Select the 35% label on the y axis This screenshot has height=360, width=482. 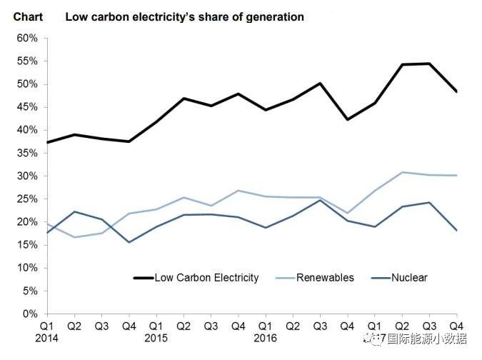(26, 153)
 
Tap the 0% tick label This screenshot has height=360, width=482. (29, 314)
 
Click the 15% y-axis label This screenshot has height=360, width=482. (26, 245)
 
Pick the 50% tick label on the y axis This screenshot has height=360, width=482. (26, 84)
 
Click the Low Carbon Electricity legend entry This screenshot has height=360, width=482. (206, 277)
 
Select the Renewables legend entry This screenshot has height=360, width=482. (325, 277)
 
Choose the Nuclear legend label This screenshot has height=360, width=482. (409, 277)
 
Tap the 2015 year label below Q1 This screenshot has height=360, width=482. (156, 337)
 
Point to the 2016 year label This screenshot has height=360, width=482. (265, 337)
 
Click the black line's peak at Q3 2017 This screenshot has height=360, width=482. (429, 64)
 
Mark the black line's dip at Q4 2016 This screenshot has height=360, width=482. (347, 119)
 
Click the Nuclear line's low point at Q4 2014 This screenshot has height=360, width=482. (129, 241)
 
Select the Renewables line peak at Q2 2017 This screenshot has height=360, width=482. (402, 172)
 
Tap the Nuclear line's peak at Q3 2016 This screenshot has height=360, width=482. (320, 200)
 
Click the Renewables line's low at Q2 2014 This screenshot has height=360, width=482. (74, 237)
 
